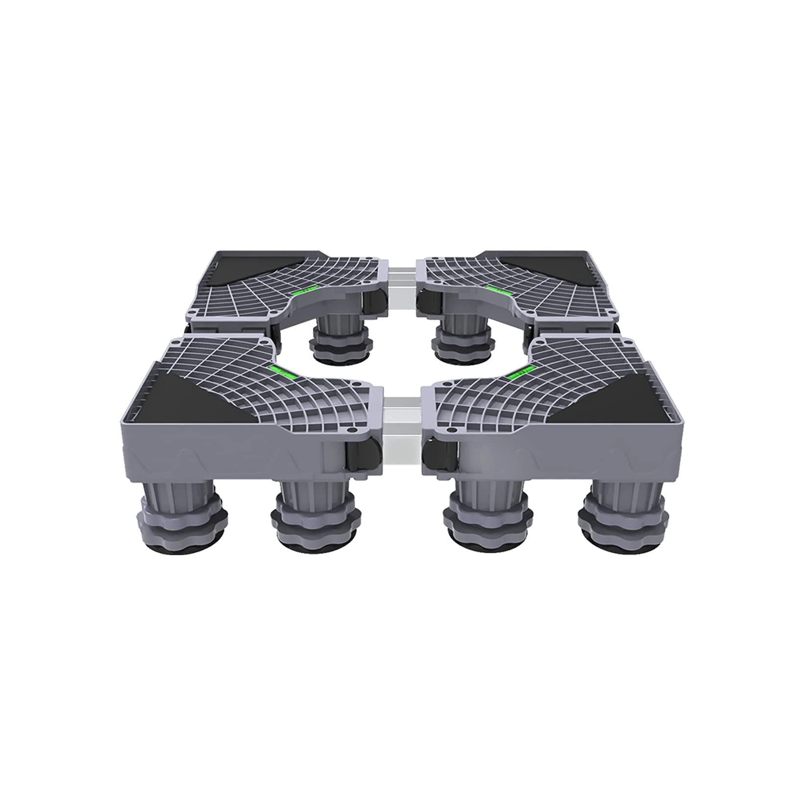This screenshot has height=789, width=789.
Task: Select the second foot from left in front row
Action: click(315, 517)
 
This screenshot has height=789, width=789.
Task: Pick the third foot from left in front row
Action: click(485, 517)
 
